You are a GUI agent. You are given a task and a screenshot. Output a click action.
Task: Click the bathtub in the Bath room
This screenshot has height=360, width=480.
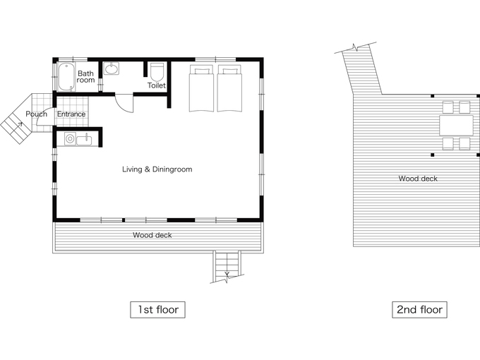[66, 77]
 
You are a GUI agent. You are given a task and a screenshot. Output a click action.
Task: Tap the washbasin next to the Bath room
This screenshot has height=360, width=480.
[112, 68]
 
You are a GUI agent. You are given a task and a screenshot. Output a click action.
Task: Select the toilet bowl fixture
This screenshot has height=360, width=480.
[157, 71]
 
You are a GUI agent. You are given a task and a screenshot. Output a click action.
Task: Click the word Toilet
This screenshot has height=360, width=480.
[157, 85]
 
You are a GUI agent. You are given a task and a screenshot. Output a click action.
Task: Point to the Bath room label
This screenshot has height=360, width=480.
[85, 76]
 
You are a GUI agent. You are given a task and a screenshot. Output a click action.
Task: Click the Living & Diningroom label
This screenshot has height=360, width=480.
[157, 169]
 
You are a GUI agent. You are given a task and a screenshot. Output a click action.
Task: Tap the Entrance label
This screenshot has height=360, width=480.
[71, 114]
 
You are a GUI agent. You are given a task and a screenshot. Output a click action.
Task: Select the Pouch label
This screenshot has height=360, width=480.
[37, 114]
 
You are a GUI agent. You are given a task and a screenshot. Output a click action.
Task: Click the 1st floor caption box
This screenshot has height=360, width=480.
[157, 309]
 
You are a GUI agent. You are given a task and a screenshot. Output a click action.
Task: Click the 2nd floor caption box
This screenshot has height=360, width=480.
[419, 309]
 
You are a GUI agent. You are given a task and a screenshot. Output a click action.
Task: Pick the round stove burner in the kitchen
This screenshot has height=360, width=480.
[70, 139]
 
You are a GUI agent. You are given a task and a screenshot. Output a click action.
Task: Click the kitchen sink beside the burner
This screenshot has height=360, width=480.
[84, 140]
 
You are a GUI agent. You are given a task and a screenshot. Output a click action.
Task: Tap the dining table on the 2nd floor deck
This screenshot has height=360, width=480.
[457, 125]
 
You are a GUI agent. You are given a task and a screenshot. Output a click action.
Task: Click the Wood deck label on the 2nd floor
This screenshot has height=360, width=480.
[418, 179]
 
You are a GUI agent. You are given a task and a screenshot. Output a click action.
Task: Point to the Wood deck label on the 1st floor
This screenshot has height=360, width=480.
[152, 235]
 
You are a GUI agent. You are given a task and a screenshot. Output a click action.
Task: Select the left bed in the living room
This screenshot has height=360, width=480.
[201, 88]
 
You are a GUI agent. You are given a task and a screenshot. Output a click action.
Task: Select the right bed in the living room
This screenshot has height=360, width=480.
[229, 88]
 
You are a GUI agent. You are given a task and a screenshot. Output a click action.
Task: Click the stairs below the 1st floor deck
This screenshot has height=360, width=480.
[227, 265]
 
